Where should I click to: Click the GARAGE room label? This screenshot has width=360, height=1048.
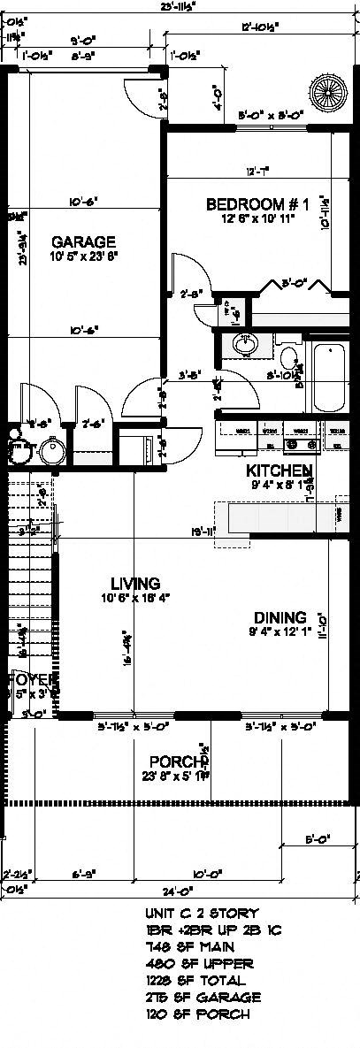(x=83, y=241)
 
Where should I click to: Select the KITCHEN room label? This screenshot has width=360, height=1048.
(x=278, y=470)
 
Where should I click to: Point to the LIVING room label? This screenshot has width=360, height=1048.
(x=134, y=584)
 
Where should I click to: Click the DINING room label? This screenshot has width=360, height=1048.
(x=280, y=617)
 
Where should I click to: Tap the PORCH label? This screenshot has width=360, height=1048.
(x=177, y=761)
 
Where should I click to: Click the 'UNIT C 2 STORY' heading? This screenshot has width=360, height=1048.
(x=201, y=913)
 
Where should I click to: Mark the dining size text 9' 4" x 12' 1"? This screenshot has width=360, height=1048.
(x=280, y=632)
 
